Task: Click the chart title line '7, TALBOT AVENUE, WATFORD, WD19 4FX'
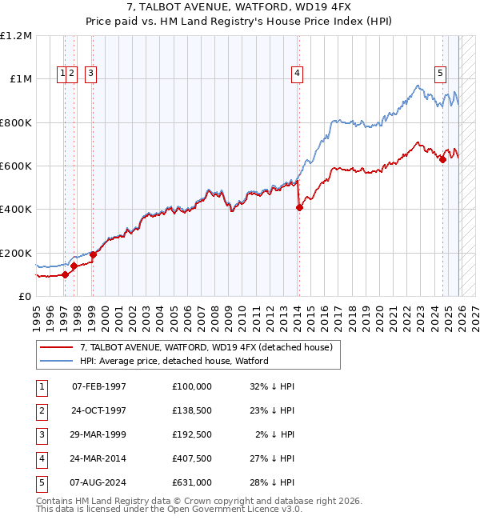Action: pyautogui.click(x=240, y=7)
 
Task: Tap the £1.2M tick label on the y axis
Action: pyautogui.click(x=16, y=36)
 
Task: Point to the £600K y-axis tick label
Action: pyautogui.click(x=16, y=166)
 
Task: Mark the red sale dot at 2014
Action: pyautogui.click(x=299, y=208)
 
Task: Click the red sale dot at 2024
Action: pyautogui.click(x=442, y=159)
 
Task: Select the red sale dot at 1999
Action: pyautogui.click(x=93, y=254)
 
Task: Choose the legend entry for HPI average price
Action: pyautogui.click(x=174, y=361)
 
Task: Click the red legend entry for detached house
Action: pyautogui.click(x=210, y=347)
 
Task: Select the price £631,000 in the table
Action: pyautogui.click(x=192, y=482)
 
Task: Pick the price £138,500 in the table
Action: pyautogui.click(x=192, y=410)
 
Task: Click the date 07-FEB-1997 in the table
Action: pyautogui.click(x=99, y=386)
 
